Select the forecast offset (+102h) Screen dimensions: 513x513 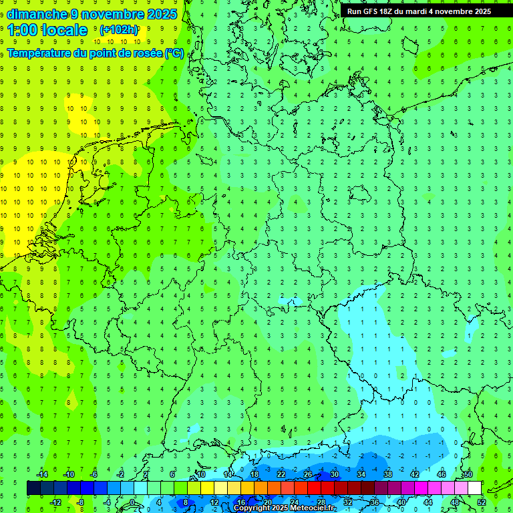[x=119, y=30]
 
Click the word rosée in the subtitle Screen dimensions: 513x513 [x=148, y=53]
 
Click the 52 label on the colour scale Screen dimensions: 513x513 [x=481, y=502]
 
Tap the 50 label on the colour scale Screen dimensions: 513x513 [x=468, y=474]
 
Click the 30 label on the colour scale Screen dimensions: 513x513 [x=334, y=474]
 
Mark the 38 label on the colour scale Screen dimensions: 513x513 [x=387, y=474]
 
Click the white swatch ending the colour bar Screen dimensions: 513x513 [x=474, y=488]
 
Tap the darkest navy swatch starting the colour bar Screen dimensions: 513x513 [x=33, y=488]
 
